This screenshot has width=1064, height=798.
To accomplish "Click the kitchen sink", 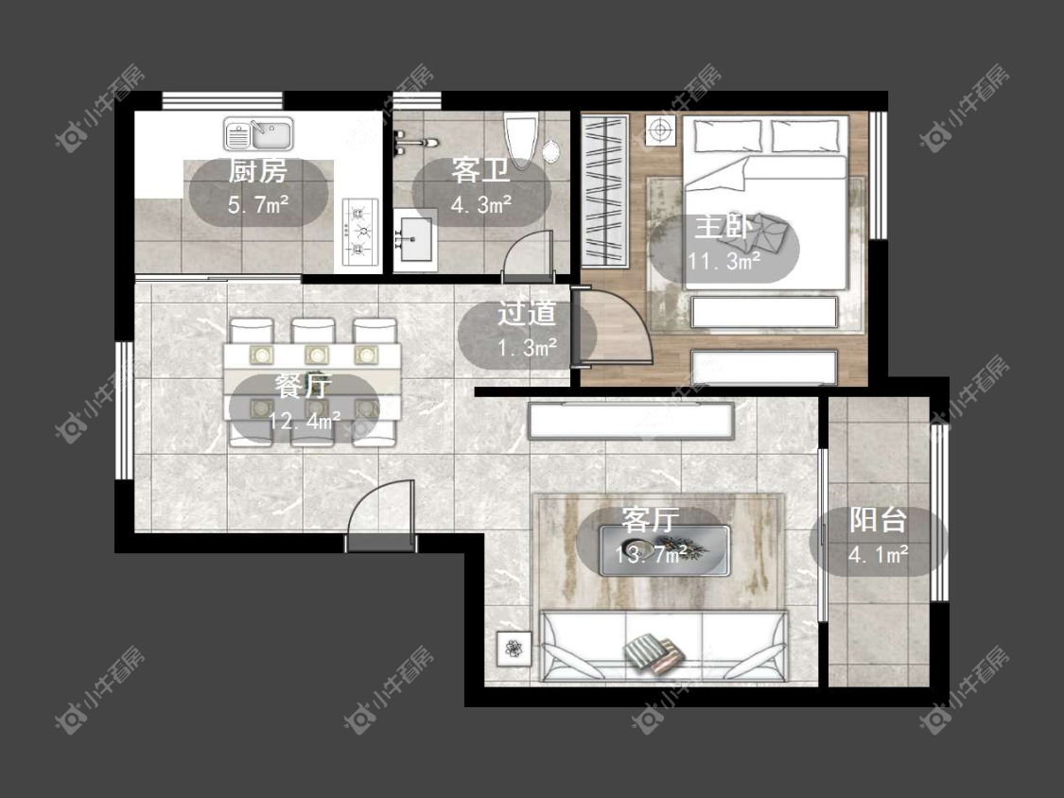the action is coord(258,133).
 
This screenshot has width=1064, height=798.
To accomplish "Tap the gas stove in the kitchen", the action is coord(359,231).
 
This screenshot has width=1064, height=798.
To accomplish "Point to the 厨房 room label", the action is coord(257,171).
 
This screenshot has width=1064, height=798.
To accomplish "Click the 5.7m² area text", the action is coord(258,204).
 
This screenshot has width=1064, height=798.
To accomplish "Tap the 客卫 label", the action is coord(480,171).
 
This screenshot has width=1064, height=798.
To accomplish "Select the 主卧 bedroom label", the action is coord(724,227).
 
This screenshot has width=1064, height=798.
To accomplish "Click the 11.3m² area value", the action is coord(724,261).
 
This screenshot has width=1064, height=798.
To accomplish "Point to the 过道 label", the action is coord(527,313).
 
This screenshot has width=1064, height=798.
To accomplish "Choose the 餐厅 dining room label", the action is coord(304,386).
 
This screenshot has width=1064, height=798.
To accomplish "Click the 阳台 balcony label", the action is coord(878,520).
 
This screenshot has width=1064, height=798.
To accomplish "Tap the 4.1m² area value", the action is coord(878,555).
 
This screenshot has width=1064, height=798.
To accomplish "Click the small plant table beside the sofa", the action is coord(515,649).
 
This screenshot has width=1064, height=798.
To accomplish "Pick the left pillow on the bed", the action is coord(726,136).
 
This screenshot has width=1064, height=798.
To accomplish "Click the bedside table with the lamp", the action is coord(660,130).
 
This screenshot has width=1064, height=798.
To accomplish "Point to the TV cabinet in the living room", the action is coord(631,420).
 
